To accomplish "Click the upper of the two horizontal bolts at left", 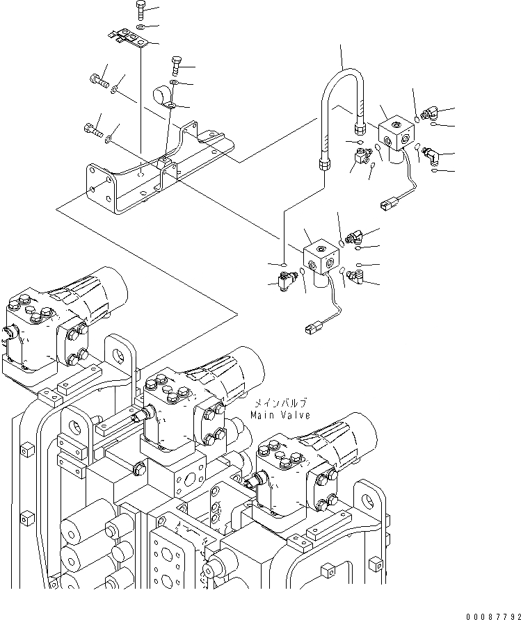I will (98, 83).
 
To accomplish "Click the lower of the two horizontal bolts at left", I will (93, 129).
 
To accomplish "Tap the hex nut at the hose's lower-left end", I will (324, 165).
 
